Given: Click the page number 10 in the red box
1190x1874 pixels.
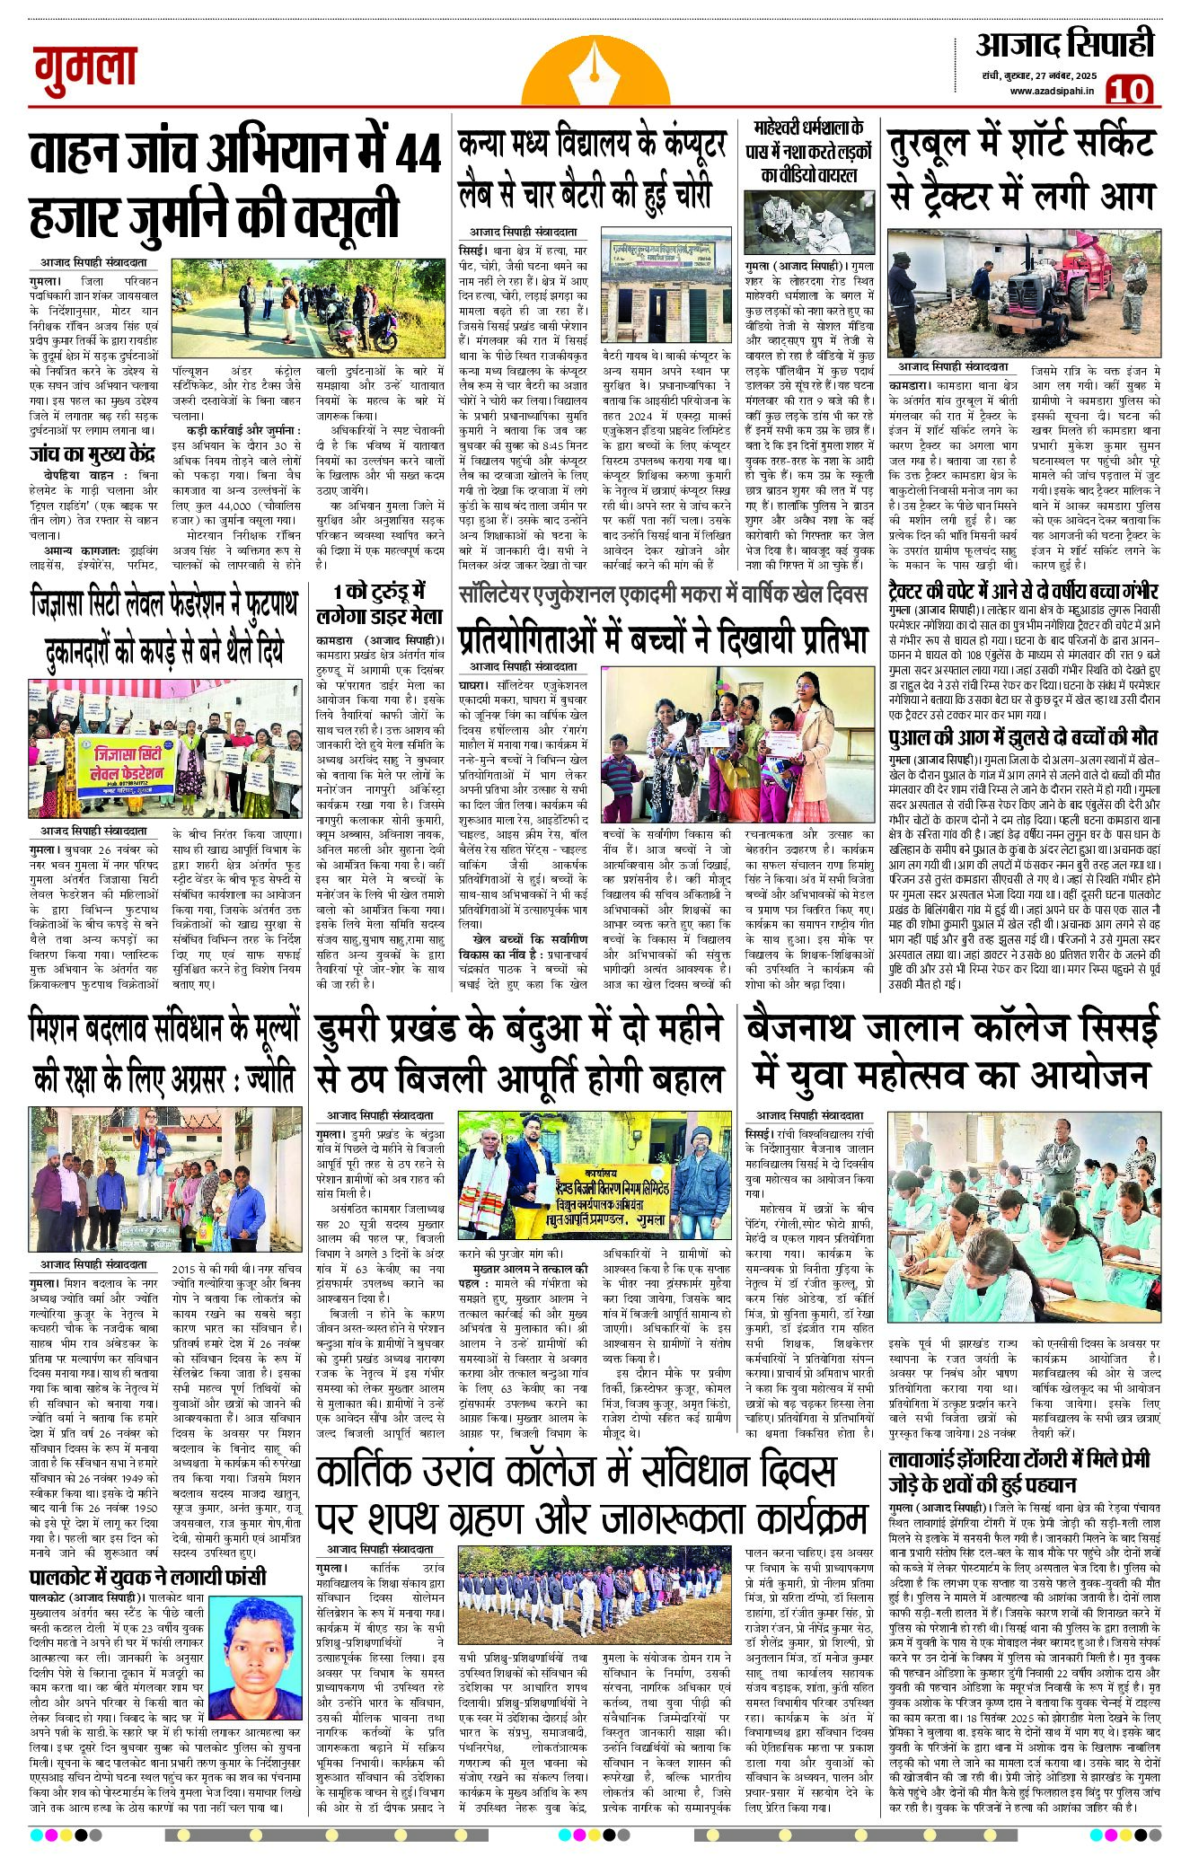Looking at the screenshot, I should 1128,91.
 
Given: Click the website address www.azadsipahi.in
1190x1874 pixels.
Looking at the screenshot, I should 1051,91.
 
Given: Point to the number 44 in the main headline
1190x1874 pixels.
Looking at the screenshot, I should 418,154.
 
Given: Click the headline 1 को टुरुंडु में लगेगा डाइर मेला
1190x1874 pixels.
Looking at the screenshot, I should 379,604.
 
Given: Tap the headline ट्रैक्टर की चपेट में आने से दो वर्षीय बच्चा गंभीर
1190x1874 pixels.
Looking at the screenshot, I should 1024,593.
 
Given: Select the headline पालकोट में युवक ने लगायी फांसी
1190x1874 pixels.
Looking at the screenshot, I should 147,1576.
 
